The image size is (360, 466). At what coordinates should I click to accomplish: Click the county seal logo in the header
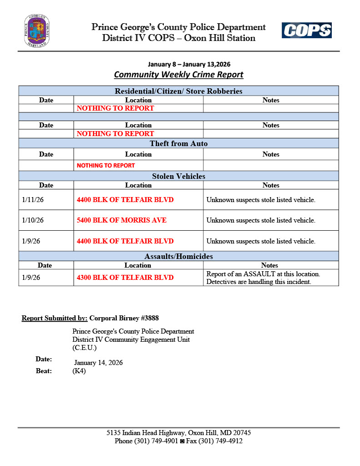(x=37, y=31)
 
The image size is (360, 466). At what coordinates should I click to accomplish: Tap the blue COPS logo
(x=306, y=30)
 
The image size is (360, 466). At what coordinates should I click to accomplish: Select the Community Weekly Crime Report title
(x=178, y=75)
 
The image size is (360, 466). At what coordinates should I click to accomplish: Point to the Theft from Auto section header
(x=178, y=144)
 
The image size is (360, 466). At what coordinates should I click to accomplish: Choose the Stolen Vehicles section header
(x=178, y=176)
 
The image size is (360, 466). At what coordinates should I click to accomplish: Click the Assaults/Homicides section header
(x=178, y=256)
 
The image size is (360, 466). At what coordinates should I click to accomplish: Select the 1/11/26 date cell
(x=33, y=199)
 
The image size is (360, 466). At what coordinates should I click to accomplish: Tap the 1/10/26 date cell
(x=33, y=220)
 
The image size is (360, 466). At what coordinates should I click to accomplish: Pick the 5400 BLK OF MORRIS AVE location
(x=122, y=220)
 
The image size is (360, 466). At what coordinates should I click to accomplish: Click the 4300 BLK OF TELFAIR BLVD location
(x=125, y=278)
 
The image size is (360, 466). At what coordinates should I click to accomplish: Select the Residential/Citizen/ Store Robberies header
(x=178, y=91)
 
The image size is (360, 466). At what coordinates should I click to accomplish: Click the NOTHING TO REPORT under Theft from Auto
(x=106, y=166)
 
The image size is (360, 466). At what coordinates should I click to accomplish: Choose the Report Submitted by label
(x=55, y=318)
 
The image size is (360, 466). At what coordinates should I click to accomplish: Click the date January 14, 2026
(x=98, y=363)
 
